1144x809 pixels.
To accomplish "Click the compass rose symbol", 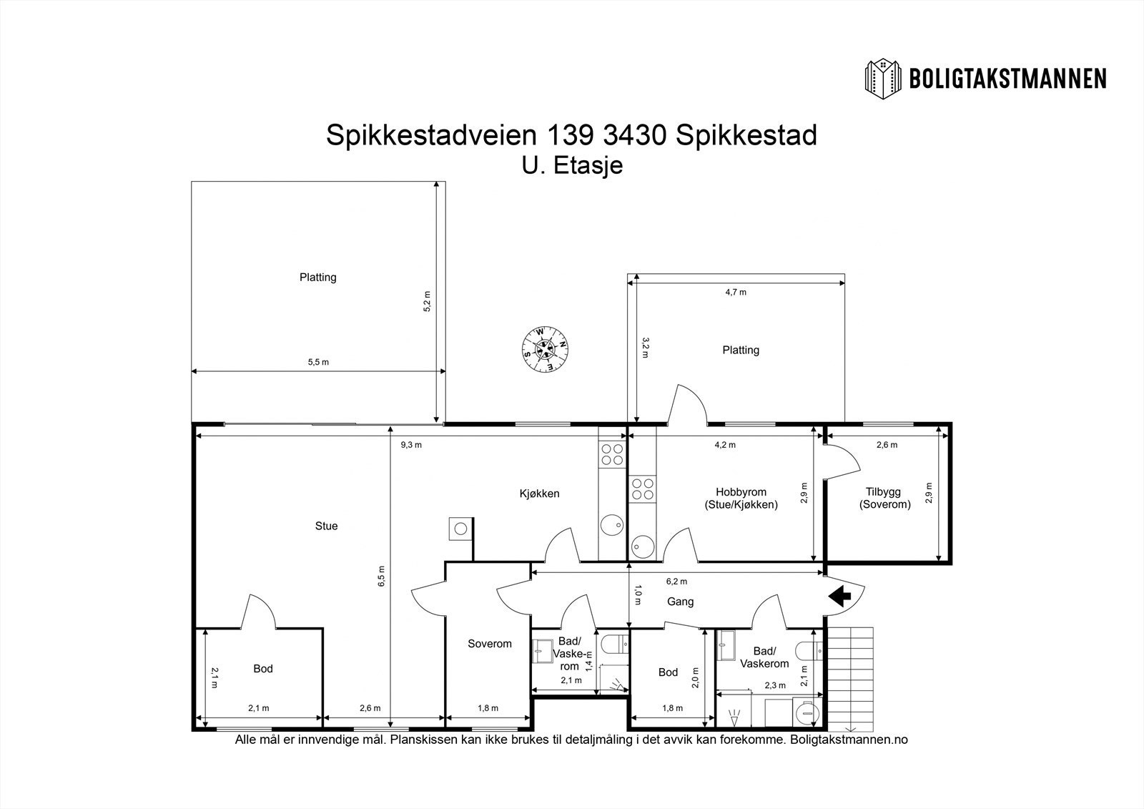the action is point(546,350).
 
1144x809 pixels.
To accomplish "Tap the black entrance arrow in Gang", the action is point(839,595).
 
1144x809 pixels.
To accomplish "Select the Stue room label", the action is point(326,526).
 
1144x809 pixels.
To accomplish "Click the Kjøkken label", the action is point(539,494).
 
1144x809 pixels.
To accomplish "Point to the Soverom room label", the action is point(489,644).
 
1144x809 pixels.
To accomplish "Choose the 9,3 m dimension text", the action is point(411,445).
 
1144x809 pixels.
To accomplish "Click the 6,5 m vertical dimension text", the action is point(382,576).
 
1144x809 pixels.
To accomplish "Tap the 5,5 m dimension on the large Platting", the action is point(318,362).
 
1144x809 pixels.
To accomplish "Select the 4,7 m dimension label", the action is point(736,293).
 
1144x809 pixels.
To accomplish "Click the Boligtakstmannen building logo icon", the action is point(883,79).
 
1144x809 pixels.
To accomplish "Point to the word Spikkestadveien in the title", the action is point(432,135).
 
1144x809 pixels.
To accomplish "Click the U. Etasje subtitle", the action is point(572,165).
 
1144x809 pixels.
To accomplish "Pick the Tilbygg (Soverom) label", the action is point(884,499).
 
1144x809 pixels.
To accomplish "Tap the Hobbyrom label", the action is point(741,492).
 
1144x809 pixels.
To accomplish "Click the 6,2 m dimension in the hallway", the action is point(676,581).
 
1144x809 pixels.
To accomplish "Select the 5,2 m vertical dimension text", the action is point(427,302).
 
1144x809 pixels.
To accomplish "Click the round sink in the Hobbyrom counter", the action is point(643,546).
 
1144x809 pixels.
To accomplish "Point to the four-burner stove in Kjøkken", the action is point(612,455).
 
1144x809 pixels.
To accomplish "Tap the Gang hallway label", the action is point(680,602).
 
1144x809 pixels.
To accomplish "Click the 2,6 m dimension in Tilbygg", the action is point(887,445).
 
